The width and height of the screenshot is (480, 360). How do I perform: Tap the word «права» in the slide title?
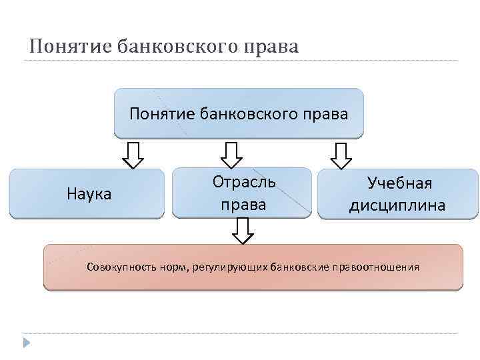click(x=271, y=46)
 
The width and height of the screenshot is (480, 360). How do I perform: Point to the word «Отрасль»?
click(x=243, y=181)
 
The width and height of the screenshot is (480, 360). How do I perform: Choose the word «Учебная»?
click(x=399, y=183)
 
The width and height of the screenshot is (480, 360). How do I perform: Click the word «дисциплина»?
click(x=397, y=205)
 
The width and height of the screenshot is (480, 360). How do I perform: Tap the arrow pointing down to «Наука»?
click(x=134, y=155)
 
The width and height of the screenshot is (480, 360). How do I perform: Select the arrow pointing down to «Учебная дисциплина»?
click(x=341, y=155)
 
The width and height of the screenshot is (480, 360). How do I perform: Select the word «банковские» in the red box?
click(x=299, y=267)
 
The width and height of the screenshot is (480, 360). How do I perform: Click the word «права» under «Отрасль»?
click(x=243, y=203)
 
